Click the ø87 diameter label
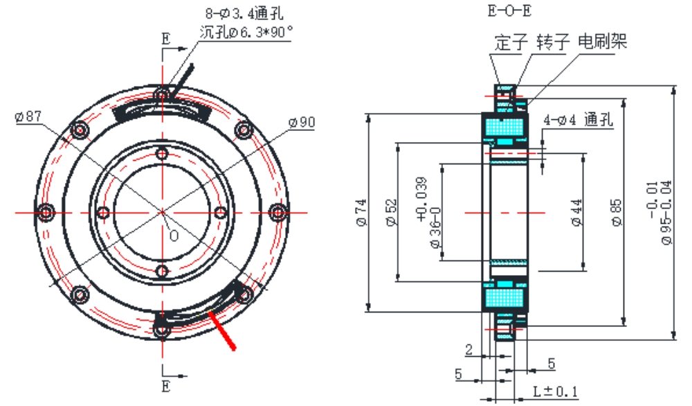[28, 116]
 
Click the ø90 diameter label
[302, 123]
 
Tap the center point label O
[174, 235]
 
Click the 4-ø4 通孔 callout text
[579, 119]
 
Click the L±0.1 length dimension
[556, 391]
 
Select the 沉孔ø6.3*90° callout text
[246, 31]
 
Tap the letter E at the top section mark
[165, 39]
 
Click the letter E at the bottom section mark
[165, 386]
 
